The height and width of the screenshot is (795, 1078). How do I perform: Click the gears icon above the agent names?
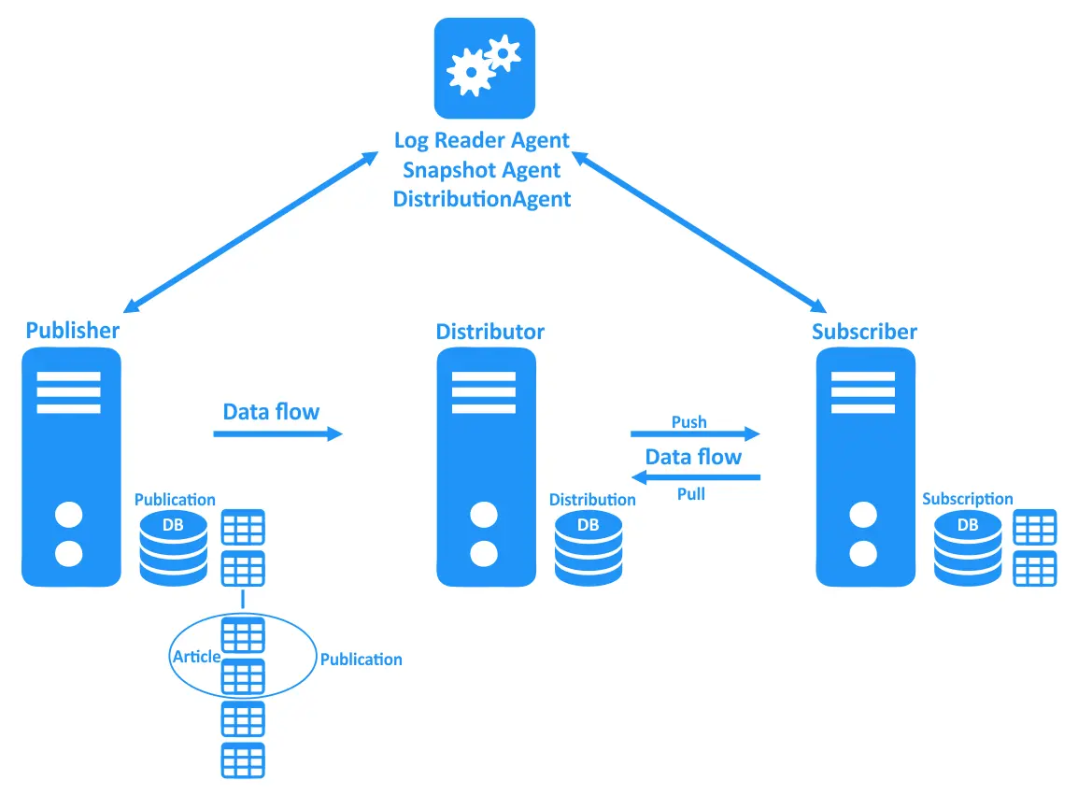click(484, 68)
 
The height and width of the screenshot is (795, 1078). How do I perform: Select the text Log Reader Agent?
click(481, 141)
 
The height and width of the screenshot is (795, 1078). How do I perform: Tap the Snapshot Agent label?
click(481, 170)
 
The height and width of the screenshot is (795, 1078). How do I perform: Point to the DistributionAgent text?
click(481, 199)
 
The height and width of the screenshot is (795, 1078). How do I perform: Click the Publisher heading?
click(73, 331)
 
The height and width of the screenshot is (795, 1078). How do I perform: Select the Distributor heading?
click(489, 332)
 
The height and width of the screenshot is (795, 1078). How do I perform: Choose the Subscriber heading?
click(864, 332)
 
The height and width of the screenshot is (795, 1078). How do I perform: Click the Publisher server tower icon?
click(71, 467)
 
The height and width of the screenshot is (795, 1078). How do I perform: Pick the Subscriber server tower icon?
click(864, 467)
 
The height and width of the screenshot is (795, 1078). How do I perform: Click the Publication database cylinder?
click(174, 547)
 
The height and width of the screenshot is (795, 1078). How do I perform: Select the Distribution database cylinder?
click(588, 547)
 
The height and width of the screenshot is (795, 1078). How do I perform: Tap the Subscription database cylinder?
click(968, 547)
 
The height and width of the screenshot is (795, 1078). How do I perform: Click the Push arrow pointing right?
click(695, 434)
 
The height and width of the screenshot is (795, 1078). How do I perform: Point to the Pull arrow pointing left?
click(695, 477)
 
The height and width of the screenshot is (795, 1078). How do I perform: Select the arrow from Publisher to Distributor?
click(277, 434)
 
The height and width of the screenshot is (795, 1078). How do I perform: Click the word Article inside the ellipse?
click(196, 657)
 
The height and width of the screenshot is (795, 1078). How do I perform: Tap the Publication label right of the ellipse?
click(361, 660)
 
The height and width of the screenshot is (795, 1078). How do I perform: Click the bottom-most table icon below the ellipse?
click(243, 760)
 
